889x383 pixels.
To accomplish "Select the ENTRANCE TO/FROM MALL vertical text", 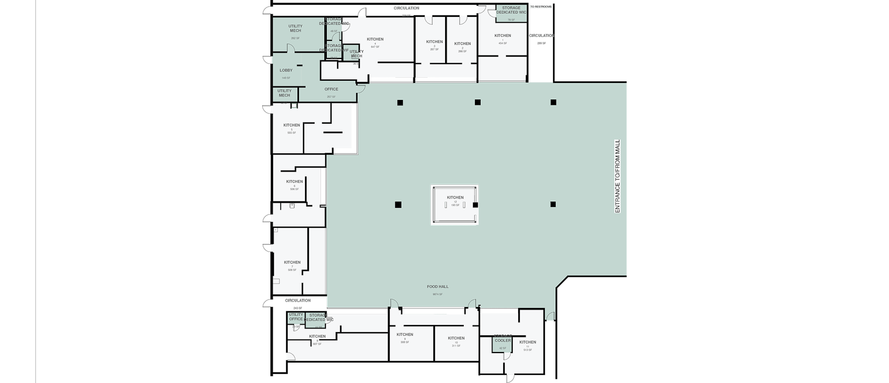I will pos(617,176).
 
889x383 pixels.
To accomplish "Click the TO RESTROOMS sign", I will pos(541,6).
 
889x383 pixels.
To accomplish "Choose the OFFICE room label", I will pos(331,89).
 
